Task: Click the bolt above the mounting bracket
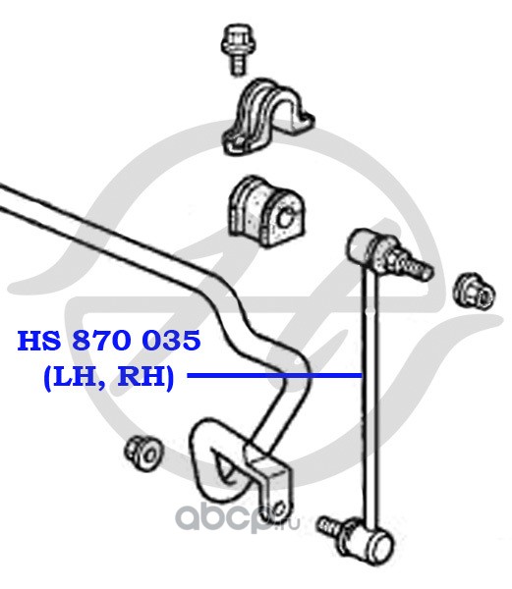(x=235, y=49)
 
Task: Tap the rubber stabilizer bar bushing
(x=266, y=212)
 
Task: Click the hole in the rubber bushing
(x=285, y=218)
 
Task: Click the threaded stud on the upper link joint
(x=413, y=265)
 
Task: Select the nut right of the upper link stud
(x=475, y=292)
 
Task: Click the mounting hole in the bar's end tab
(x=279, y=509)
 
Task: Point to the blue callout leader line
(x=275, y=375)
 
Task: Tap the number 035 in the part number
(x=173, y=340)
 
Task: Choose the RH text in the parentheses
(x=142, y=376)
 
